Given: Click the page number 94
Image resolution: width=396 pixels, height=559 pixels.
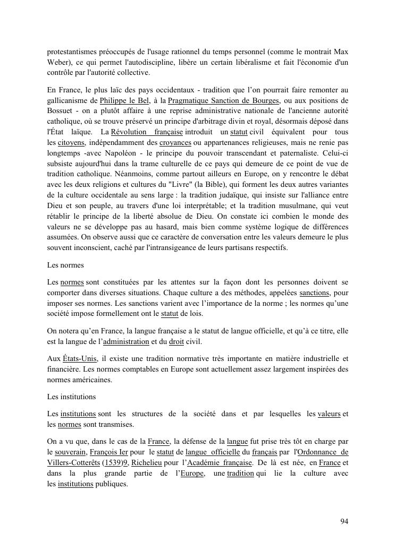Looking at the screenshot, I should click(344, 521).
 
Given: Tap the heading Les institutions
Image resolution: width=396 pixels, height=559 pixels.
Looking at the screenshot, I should click(71, 397).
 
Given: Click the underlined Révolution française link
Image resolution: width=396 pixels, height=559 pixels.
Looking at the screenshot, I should click(147, 132).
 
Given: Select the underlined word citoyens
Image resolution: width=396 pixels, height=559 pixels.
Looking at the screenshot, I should click(71, 143).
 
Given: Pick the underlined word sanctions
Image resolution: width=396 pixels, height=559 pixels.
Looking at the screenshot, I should click(315, 293).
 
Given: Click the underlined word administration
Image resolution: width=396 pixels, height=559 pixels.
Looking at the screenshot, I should click(126, 341).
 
